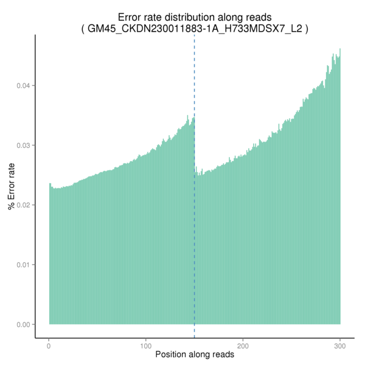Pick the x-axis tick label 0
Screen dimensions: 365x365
(x=49, y=346)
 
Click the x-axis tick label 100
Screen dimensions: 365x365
(x=146, y=346)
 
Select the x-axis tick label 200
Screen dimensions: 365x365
(x=243, y=346)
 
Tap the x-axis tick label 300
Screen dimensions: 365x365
(x=339, y=346)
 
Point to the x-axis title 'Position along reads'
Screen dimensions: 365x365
(x=195, y=354)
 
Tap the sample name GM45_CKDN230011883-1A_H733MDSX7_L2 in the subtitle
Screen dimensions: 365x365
(x=195, y=29)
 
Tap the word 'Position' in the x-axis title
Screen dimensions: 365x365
(x=173, y=354)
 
